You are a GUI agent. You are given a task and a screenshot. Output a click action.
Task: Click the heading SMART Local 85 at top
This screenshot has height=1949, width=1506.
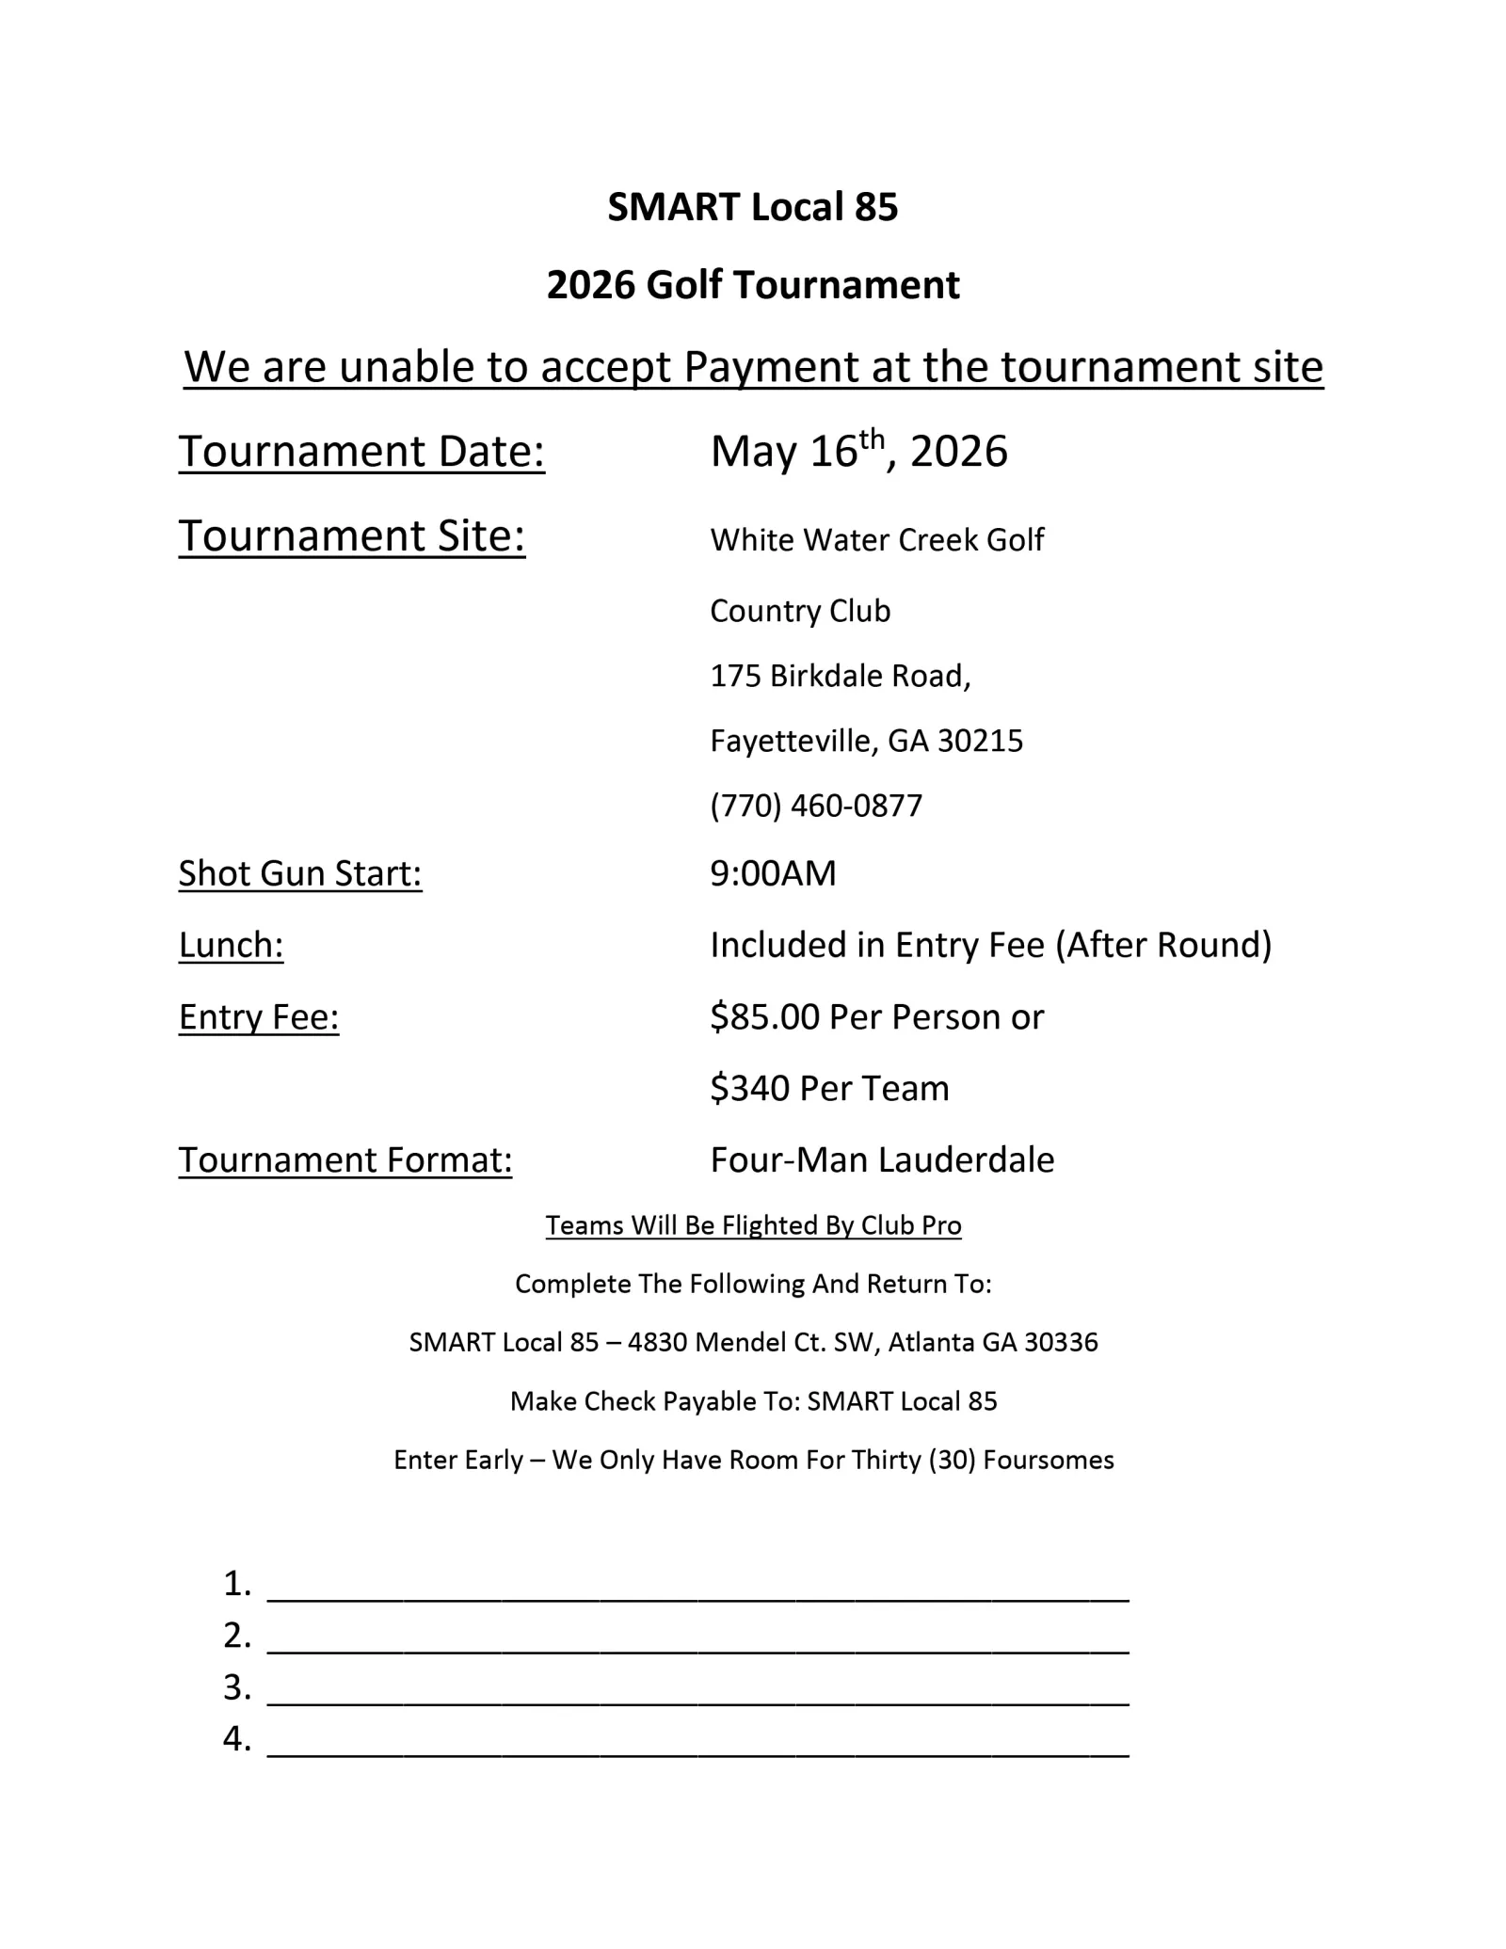coord(752,207)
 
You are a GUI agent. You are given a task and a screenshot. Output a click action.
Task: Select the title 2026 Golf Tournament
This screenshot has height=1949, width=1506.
coord(752,285)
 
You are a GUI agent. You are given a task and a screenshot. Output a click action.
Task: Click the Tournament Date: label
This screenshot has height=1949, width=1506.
coord(361,452)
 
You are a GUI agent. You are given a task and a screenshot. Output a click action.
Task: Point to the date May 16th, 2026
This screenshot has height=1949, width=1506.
coord(858,452)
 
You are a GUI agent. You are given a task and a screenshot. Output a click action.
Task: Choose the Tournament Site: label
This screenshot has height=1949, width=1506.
coord(351,536)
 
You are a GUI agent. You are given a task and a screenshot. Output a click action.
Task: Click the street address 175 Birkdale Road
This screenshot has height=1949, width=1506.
coord(840,676)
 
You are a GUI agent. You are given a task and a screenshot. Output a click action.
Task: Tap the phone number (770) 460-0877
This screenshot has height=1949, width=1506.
coord(816,807)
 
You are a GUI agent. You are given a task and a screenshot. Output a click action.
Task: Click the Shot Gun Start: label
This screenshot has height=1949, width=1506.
coord(300,874)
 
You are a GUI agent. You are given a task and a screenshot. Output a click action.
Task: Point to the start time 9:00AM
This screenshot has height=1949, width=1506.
coord(773,874)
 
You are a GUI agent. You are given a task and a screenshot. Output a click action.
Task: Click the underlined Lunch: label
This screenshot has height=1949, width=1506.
coord(231,946)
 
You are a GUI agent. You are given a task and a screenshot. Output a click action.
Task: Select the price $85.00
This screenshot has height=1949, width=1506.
coord(764,1017)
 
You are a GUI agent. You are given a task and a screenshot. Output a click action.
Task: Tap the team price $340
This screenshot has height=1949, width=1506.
coord(749,1089)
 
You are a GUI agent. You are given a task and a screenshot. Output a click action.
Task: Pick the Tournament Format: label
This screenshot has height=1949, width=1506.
coord(345,1160)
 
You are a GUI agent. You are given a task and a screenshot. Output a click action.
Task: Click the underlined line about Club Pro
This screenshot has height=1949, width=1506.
coord(753,1226)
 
